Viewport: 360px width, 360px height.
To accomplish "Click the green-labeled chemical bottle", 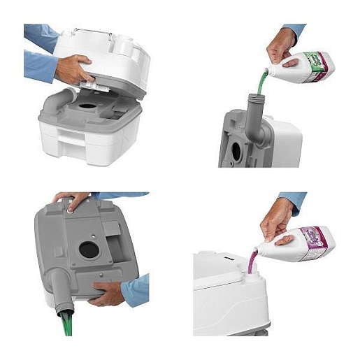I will point(308,67).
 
